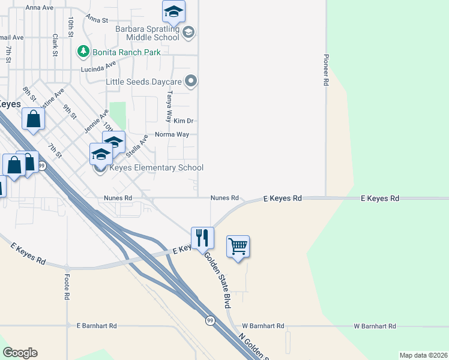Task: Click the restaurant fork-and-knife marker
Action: [202, 238]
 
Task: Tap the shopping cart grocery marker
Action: [238, 246]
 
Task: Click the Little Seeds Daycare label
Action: [144, 81]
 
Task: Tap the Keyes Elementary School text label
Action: [156, 168]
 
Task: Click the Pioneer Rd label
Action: [327, 71]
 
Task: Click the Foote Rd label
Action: [67, 287]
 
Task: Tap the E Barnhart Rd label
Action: [97, 325]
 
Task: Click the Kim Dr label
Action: [182, 121]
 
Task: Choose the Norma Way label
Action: [172, 134]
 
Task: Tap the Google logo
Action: [20, 353]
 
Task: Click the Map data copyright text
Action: [423, 355]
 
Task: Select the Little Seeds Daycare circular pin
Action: [191, 80]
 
